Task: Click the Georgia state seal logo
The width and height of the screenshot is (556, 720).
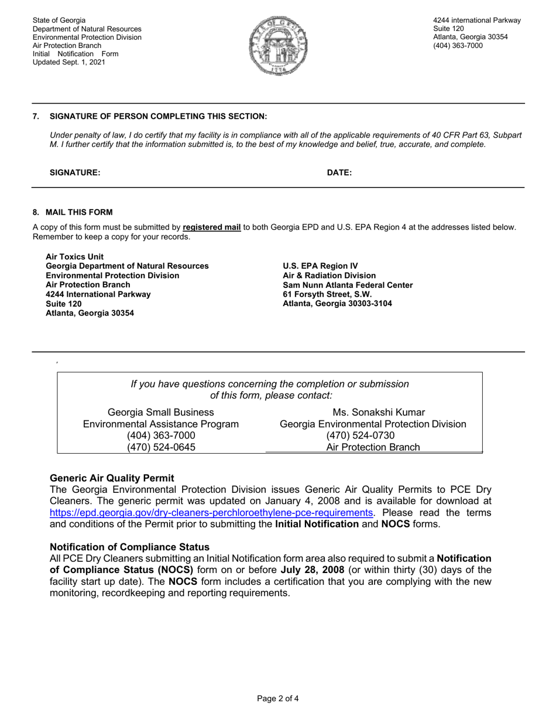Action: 278,46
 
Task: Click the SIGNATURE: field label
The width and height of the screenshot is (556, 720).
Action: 75,173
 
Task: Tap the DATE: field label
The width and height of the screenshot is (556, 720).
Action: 339,173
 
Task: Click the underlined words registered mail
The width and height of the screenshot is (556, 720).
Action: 212,227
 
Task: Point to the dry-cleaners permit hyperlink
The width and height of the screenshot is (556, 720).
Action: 211,513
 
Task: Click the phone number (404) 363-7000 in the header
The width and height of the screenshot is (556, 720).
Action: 458,46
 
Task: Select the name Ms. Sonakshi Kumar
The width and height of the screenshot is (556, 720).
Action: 379,413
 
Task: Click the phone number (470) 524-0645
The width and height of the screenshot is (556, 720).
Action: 161,447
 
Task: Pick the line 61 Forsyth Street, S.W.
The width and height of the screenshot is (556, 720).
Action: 327,294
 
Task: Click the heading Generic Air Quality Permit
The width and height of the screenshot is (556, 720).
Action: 112,478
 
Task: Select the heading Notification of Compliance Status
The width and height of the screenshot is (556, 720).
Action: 129,547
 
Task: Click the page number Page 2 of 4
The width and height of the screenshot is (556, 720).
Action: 278,698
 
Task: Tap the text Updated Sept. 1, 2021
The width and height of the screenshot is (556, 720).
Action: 69,62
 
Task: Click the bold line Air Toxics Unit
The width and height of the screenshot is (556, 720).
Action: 74,256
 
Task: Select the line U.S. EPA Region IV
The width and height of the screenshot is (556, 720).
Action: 320,266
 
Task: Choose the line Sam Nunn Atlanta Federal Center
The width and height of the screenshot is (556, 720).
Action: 348,285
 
